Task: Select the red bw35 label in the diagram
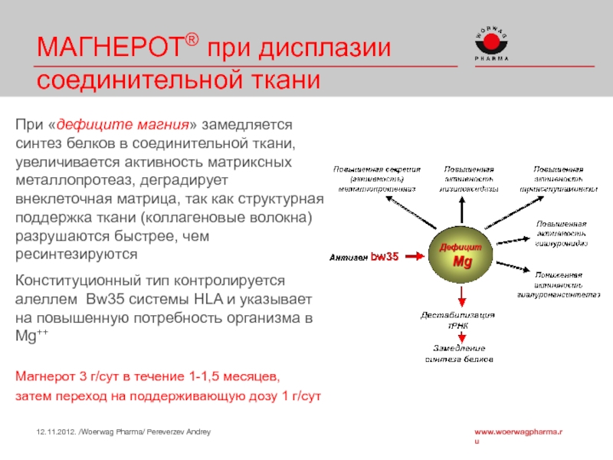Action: [385, 258]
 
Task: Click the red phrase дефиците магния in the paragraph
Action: [127, 125]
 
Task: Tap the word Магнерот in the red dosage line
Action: [44, 378]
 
